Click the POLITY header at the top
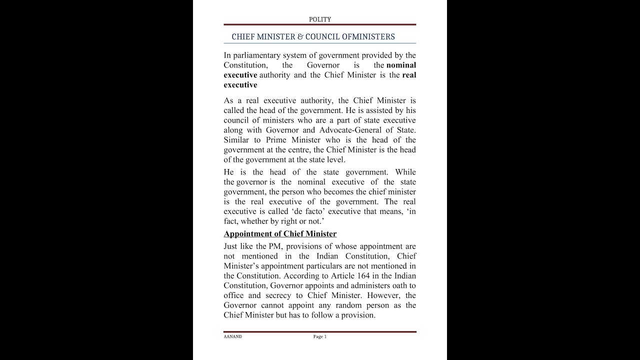pyautogui.click(x=319, y=19)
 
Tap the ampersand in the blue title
pyautogui.click(x=300, y=37)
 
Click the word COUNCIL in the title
pyautogui.click(x=326, y=37)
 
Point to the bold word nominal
pyautogui.click(x=401, y=65)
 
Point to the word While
pyautogui.click(x=405, y=172)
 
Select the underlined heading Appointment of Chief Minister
pyautogui.click(x=280, y=234)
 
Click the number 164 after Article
pyautogui.click(x=363, y=276)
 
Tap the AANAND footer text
pyautogui.click(x=232, y=337)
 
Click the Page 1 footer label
pyautogui.click(x=319, y=337)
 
